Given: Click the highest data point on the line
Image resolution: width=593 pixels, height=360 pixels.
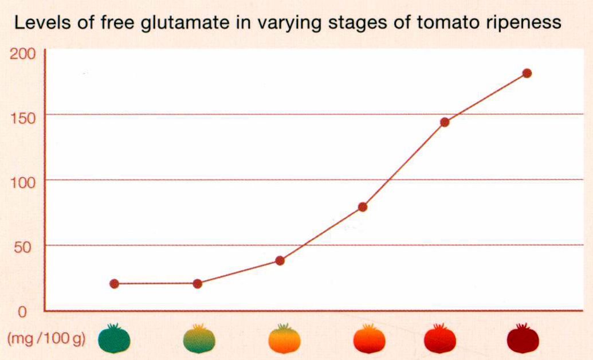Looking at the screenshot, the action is click(x=527, y=73).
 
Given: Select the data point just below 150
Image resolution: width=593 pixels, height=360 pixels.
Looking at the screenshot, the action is click(x=445, y=122).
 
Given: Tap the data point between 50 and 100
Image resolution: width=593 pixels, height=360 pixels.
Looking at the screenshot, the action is click(x=363, y=207).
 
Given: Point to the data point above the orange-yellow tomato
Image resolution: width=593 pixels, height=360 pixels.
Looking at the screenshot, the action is click(x=280, y=260).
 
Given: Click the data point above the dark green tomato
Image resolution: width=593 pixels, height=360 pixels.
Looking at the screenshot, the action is click(x=114, y=284).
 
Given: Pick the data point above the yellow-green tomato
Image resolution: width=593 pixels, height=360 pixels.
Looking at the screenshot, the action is click(x=198, y=284).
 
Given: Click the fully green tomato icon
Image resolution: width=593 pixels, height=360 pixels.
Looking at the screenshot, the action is click(x=114, y=338).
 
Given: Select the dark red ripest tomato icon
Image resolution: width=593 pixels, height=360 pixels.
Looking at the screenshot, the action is click(x=523, y=338).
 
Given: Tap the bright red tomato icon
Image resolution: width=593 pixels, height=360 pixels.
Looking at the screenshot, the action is click(x=440, y=338).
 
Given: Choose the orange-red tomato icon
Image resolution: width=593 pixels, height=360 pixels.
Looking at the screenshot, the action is click(x=370, y=338).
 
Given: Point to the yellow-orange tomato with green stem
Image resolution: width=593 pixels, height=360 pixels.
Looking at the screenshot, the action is click(x=284, y=338).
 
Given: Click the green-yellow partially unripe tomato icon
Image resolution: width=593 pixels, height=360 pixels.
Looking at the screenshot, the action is click(x=199, y=338).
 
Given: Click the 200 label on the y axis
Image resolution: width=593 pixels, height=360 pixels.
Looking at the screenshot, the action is click(x=22, y=54).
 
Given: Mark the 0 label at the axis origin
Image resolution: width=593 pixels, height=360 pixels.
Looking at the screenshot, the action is click(x=23, y=312).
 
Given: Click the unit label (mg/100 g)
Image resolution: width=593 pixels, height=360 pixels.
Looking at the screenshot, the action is click(x=46, y=338).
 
